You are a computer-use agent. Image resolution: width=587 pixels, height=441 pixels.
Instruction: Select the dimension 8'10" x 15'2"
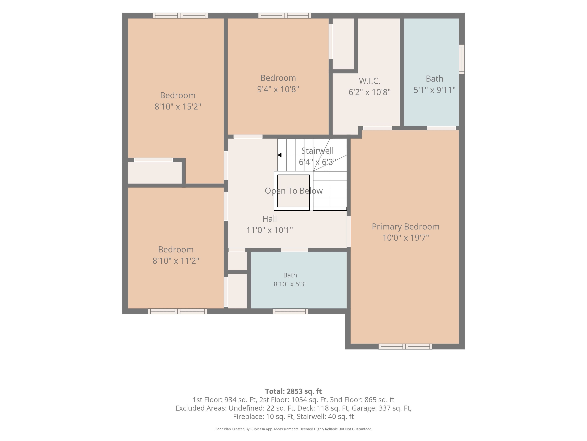(178, 107)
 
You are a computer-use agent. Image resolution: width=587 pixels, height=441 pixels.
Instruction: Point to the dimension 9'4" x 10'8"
(278, 89)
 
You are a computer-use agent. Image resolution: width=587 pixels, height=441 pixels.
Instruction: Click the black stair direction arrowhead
(279, 155)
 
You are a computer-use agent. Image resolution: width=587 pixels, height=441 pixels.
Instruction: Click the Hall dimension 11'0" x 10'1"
(270, 230)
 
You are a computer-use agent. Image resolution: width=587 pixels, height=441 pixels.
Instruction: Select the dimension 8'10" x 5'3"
(290, 284)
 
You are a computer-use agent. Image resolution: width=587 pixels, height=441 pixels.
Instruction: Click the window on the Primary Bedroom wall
(405, 346)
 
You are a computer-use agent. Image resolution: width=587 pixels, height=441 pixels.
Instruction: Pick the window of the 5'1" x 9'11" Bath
(462, 59)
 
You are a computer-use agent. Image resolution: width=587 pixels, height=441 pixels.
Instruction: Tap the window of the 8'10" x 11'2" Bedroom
(177, 311)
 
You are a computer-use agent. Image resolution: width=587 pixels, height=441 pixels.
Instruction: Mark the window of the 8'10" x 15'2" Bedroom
(180, 15)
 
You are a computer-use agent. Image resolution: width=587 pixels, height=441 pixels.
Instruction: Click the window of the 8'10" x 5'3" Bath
(290, 311)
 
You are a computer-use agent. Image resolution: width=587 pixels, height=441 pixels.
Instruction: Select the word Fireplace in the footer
(249, 417)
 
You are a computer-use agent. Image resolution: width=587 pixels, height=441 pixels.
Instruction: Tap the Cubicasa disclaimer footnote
(293, 429)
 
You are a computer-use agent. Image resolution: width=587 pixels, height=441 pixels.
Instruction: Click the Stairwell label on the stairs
(317, 151)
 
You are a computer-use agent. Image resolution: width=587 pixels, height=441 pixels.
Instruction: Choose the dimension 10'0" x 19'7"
(406, 238)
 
